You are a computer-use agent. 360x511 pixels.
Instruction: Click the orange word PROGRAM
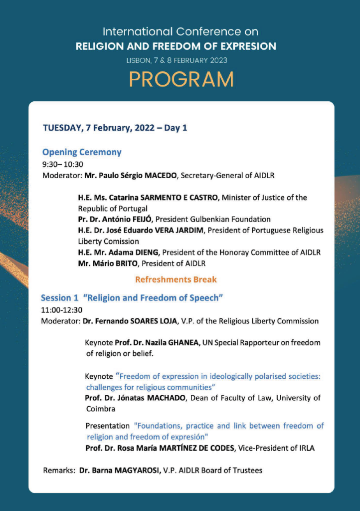pyautogui.click(x=181, y=79)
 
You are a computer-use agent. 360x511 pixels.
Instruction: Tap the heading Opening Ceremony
pyautogui.click(x=82, y=152)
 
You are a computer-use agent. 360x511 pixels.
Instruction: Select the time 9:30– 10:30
pyautogui.click(x=62, y=164)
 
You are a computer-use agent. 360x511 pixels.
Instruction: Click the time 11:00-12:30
pyautogui.click(x=62, y=310)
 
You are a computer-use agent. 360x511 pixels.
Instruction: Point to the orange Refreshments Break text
pyautogui.click(x=176, y=280)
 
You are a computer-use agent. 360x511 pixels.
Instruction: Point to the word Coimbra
pyautogui.click(x=101, y=409)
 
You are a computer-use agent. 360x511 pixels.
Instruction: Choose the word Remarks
pyautogui.click(x=59, y=470)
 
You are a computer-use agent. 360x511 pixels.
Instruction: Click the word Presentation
pyautogui.click(x=107, y=426)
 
